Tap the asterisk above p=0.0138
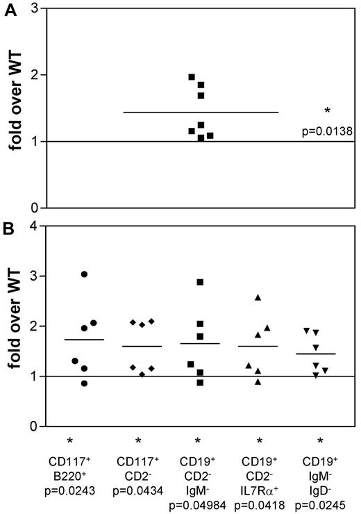(326, 111)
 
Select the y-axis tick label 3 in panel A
(33, 9)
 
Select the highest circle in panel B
(84, 274)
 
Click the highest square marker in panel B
(200, 282)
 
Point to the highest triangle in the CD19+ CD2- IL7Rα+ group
(258, 297)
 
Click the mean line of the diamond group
(142, 346)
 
